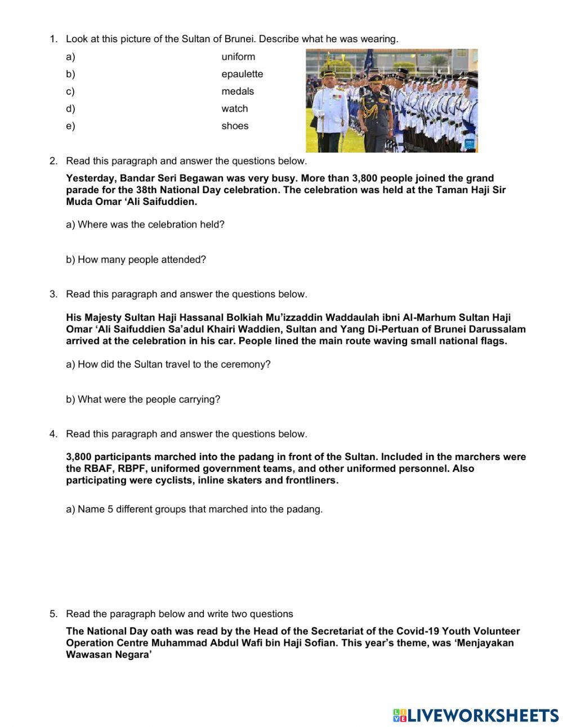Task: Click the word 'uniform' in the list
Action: pos(238,57)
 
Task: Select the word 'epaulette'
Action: pos(242,74)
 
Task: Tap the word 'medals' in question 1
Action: pos(238,91)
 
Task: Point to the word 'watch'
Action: pos(234,109)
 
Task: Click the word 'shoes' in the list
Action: pos(235,126)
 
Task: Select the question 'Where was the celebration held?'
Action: pos(145,225)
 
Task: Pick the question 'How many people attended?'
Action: pos(136,260)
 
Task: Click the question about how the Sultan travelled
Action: pos(168,364)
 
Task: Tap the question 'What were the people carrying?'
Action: pos(143,399)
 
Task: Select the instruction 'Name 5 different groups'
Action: pos(194,509)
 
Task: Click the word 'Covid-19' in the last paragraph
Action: pos(415,631)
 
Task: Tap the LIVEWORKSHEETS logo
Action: pos(476,715)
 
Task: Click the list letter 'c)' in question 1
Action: pos(70,91)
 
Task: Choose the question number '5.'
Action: pos(53,614)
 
